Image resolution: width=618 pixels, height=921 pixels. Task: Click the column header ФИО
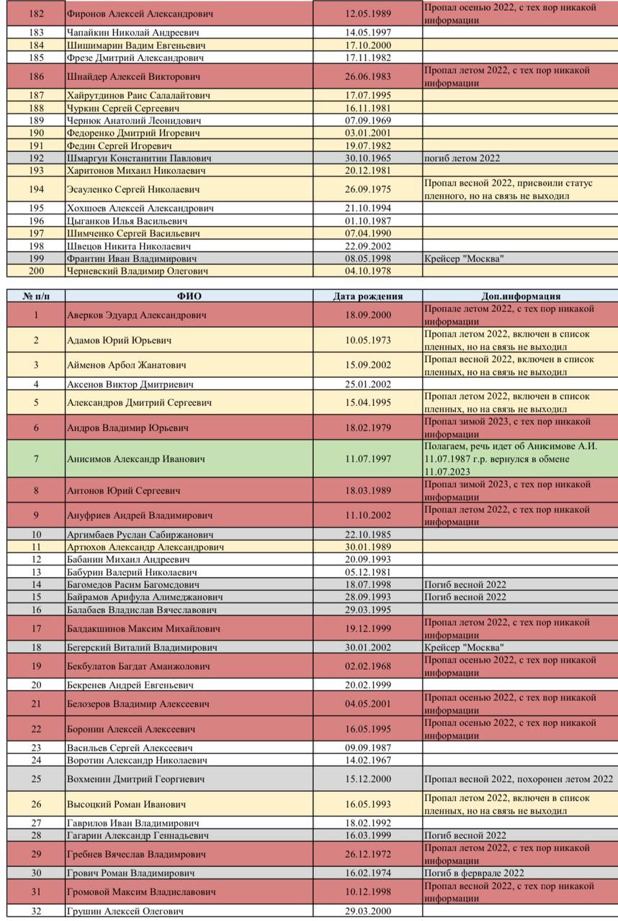point(189,296)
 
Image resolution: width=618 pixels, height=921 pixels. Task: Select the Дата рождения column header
point(368,296)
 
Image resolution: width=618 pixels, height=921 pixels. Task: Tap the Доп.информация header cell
point(520,296)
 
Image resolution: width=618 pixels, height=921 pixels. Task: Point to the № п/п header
point(36,296)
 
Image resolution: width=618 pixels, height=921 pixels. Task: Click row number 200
point(36,271)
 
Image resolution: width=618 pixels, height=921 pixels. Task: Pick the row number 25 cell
point(36,779)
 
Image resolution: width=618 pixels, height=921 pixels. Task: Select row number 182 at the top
point(36,14)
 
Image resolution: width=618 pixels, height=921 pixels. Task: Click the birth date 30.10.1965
point(368,158)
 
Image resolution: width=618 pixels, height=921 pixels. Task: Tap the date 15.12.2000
point(368,779)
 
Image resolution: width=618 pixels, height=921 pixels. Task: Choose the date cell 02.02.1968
point(368,666)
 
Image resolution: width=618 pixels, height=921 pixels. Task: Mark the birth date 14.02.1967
point(368,760)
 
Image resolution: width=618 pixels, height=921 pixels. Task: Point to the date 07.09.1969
point(368,121)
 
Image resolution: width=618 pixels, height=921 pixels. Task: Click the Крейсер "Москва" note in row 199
point(464,258)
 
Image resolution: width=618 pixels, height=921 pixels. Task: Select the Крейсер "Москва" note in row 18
point(464,648)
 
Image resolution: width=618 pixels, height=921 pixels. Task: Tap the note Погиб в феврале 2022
point(473,873)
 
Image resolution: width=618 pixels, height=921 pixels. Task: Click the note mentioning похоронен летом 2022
point(519,779)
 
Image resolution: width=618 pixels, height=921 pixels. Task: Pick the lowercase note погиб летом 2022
point(462,158)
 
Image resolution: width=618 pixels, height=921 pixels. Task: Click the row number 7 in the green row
point(36,458)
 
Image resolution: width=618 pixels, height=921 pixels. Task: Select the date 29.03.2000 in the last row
point(368,911)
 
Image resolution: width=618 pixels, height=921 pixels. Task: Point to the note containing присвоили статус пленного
point(509,189)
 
